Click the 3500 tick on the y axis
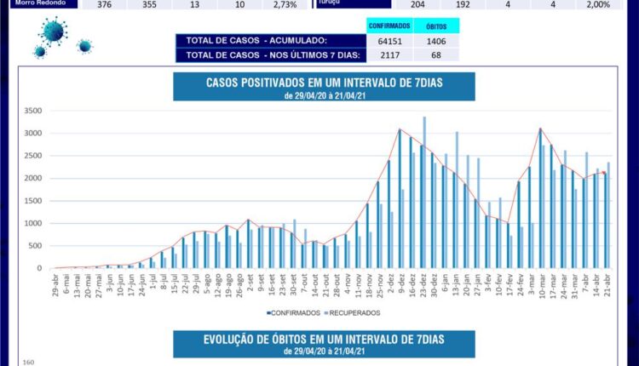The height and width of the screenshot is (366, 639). pyautogui.click(x=34, y=111)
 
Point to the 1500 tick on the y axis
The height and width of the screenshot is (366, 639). pyautogui.click(x=34, y=201)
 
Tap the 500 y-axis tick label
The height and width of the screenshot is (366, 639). pyautogui.click(x=37, y=246)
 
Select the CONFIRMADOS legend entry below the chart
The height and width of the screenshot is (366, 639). pyautogui.click(x=295, y=313)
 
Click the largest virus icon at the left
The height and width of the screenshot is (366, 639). pyautogui.click(x=53, y=32)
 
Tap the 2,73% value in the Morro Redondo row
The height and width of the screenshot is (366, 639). pyautogui.click(x=285, y=4)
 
